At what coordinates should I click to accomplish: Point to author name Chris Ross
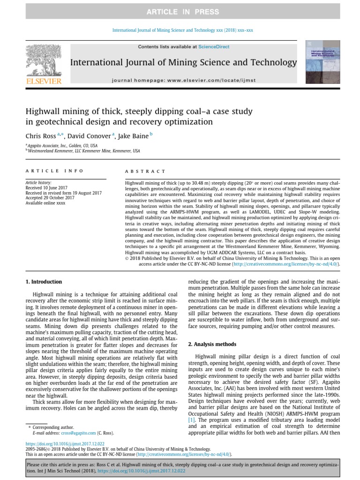pos(40,135)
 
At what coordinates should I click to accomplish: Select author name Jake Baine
pos(133,135)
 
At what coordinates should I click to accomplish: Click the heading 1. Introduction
pos(43,282)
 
